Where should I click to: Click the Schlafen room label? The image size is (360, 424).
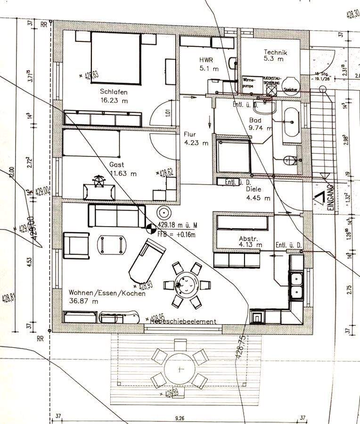tap(114, 92)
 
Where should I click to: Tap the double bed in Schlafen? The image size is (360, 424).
tap(116, 57)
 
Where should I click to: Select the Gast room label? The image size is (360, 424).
tap(117, 164)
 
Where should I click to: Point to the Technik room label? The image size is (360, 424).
tap(275, 53)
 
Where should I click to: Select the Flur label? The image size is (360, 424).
tap(189, 134)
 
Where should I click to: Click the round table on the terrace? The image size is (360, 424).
tap(180, 369)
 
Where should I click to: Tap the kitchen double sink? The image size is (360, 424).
tap(296, 285)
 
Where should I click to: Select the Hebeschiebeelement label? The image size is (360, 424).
tap(184, 322)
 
